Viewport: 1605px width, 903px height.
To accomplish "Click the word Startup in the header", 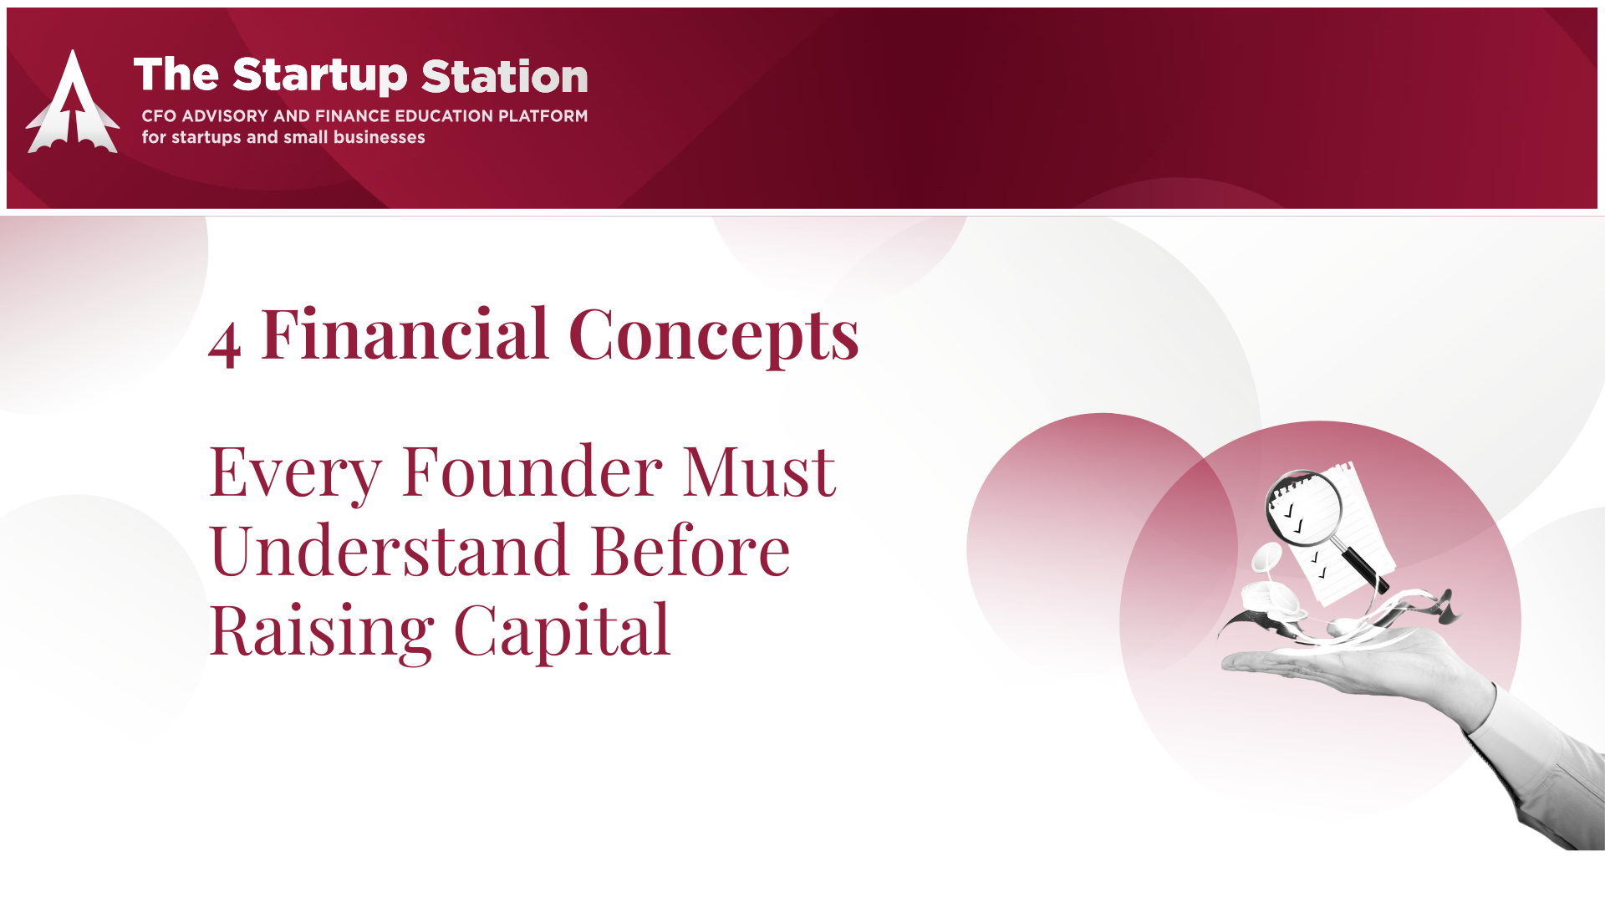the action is [320, 76].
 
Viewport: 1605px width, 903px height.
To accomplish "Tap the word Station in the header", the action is [505, 76].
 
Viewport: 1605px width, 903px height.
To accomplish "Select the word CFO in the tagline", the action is [159, 116].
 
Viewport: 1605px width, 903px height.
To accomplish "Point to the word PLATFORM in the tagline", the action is [543, 116].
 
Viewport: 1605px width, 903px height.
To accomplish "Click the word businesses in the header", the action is [379, 137].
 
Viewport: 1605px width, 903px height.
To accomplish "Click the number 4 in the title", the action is [225, 344].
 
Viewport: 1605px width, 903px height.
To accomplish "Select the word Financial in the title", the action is [405, 334].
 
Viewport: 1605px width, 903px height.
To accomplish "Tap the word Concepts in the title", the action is [714, 336].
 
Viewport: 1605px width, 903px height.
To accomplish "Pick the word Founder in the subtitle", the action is [532, 472].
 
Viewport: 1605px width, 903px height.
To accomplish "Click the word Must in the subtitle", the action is [759, 472].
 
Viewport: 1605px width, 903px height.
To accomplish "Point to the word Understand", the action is [390, 551].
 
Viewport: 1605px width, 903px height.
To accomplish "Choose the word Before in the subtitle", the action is [690, 551].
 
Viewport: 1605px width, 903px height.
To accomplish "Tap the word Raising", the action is [322, 632].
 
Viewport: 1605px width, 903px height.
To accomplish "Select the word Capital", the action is [562, 632].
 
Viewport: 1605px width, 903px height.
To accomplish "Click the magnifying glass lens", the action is [1303, 508].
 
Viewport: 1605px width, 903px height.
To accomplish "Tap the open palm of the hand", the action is [1337, 661].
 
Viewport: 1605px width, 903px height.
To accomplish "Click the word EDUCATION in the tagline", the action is [443, 116].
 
